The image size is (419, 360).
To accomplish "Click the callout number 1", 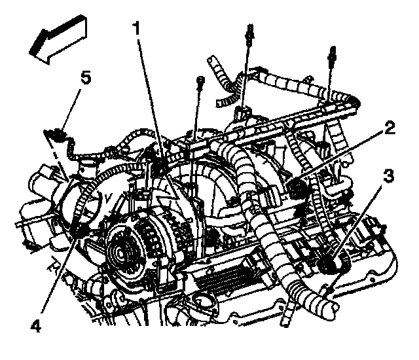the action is pyautogui.click(x=137, y=28).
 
